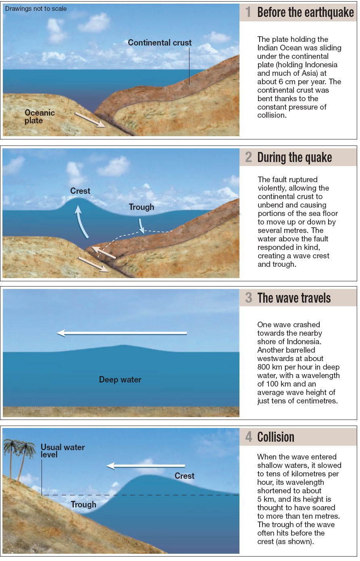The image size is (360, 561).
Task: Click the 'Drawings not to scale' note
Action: (x=36, y=8)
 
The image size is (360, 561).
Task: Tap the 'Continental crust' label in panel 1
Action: (x=160, y=43)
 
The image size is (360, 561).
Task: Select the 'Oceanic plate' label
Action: (x=39, y=116)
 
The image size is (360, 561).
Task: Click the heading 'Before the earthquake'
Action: (x=305, y=12)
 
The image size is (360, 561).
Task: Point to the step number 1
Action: (x=248, y=12)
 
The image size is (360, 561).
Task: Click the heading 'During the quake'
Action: (x=294, y=157)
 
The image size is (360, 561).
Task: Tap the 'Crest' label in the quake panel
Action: (x=80, y=191)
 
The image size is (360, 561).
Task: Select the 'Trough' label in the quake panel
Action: (x=142, y=207)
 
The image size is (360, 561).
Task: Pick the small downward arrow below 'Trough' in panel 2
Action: (x=141, y=226)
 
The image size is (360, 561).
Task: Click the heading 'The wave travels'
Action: (x=294, y=298)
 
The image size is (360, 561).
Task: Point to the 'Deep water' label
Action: (x=120, y=380)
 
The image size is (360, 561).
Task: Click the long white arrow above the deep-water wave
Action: (x=122, y=333)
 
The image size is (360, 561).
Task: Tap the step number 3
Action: (x=249, y=298)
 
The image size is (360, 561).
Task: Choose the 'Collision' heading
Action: (x=276, y=437)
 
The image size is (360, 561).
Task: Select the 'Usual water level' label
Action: (x=62, y=451)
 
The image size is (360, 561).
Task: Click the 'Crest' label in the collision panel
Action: (x=185, y=476)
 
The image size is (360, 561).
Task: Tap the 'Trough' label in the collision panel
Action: (x=83, y=505)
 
